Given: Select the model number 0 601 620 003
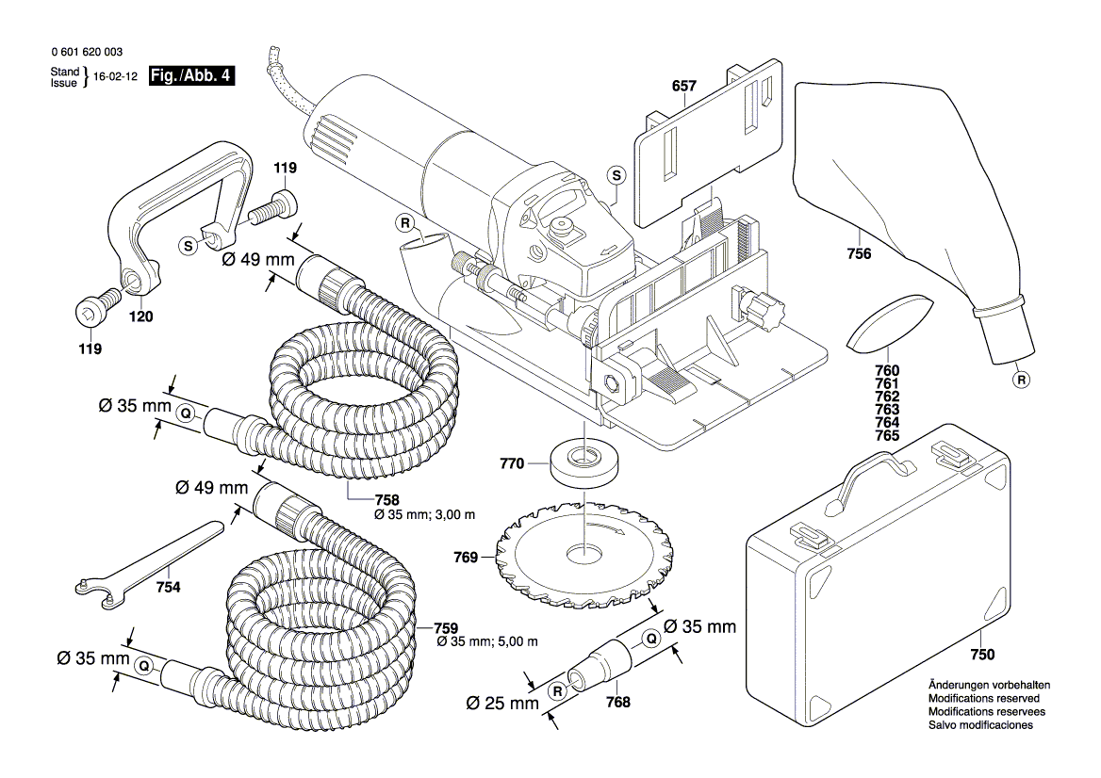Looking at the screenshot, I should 86,53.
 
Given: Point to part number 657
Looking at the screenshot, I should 683,87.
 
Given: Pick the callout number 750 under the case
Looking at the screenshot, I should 982,655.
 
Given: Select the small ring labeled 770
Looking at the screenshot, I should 583,463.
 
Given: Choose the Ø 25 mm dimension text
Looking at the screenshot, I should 502,703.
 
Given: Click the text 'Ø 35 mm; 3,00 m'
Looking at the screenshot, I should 424,515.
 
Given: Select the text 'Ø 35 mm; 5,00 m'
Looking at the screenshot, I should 487,641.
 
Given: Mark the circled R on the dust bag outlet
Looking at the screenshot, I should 1021,381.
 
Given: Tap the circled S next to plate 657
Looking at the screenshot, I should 616,175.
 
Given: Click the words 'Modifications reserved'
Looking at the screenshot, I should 983,699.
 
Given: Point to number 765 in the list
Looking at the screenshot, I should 887,437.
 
